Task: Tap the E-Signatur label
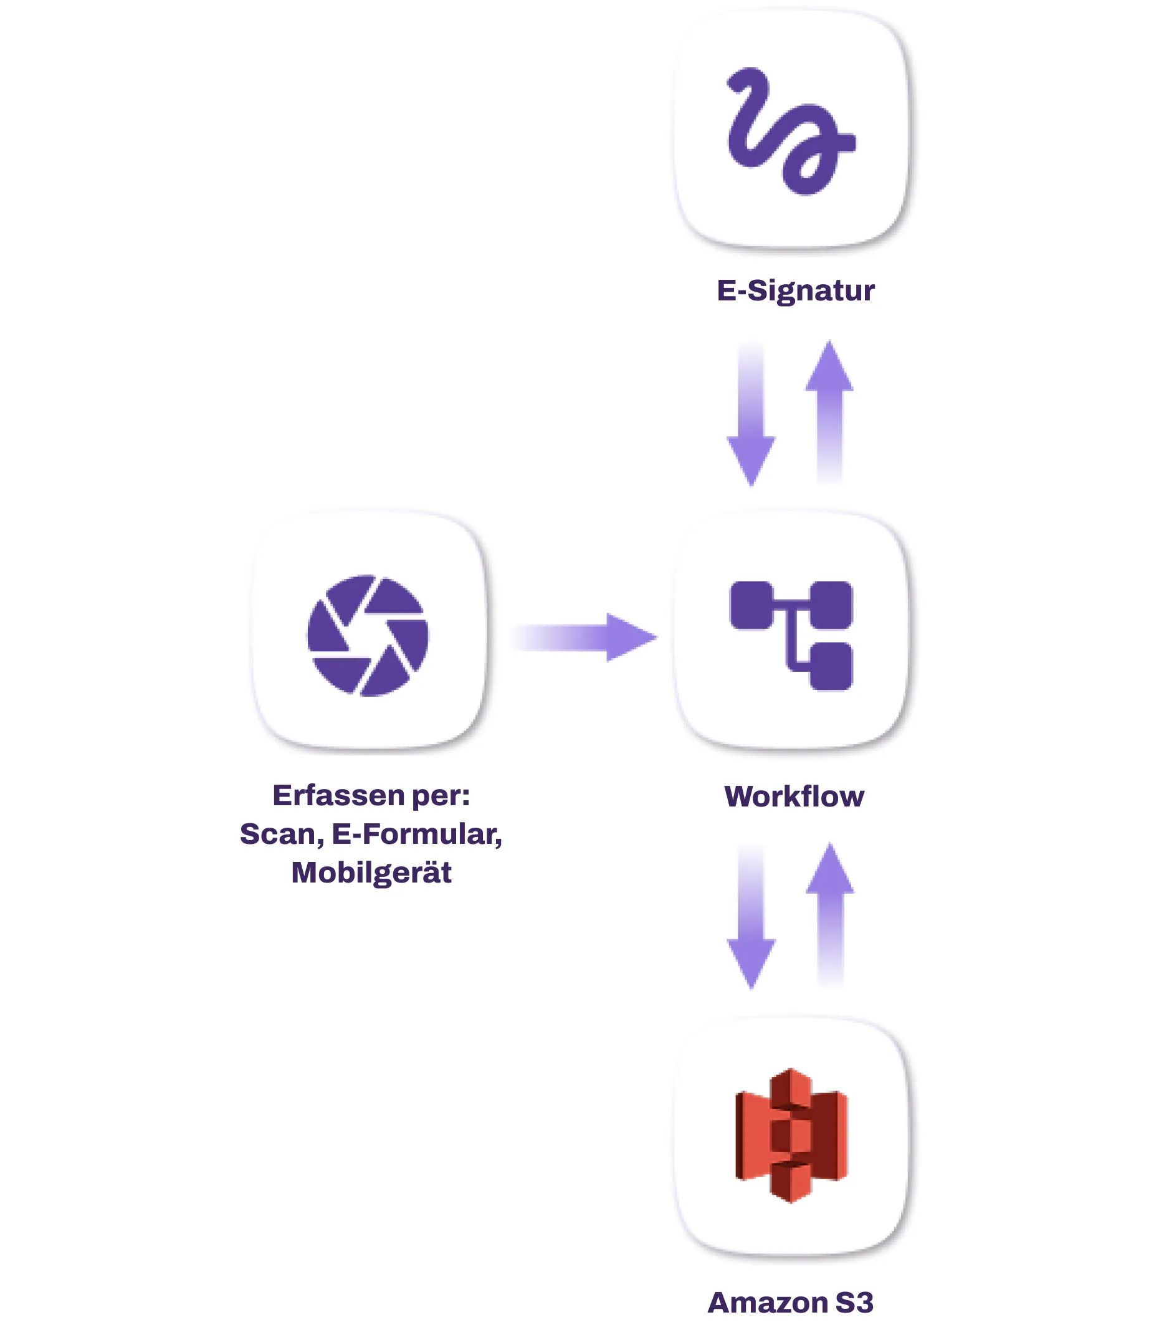(x=796, y=290)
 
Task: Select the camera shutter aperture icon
(x=368, y=635)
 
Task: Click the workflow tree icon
(x=791, y=635)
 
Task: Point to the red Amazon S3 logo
(x=791, y=1135)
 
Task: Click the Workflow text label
(x=794, y=797)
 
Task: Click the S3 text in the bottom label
(x=854, y=1302)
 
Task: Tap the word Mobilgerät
(x=371, y=873)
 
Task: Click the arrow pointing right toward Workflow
(x=585, y=637)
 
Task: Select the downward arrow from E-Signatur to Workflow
(x=751, y=414)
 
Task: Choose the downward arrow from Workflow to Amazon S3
(x=751, y=917)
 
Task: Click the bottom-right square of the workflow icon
(x=831, y=666)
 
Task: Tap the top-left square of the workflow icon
(x=751, y=605)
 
